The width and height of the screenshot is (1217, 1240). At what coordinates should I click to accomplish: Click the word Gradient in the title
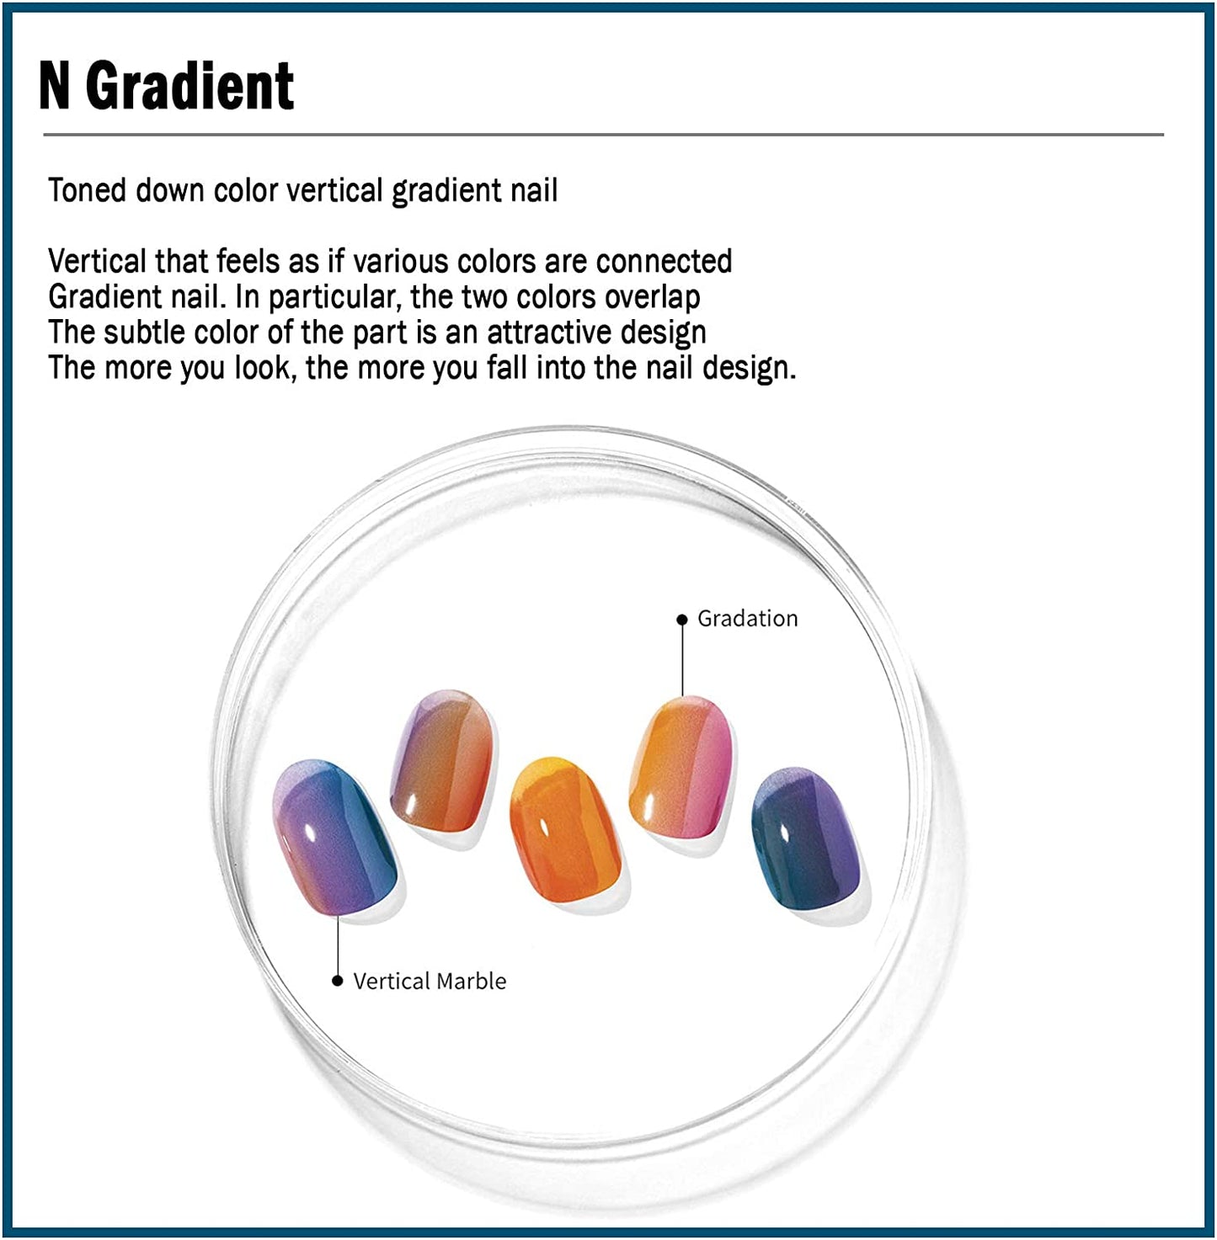tap(190, 86)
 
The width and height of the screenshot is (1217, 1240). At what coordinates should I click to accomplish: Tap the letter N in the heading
tap(54, 86)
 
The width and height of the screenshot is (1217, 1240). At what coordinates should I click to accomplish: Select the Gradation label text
tap(748, 619)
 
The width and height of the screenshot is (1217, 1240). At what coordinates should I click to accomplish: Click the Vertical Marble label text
tap(430, 982)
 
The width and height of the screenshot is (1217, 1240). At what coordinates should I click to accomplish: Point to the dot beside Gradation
tap(682, 620)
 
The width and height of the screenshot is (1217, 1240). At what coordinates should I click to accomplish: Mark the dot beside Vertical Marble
tap(338, 982)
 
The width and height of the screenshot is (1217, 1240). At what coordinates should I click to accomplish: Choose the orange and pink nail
tap(682, 767)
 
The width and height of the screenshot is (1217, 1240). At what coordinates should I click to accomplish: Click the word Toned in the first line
tap(87, 190)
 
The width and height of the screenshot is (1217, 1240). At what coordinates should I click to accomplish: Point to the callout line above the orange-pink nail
tap(682, 661)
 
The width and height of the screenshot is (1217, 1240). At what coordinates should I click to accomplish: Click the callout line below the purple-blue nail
tap(338, 945)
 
